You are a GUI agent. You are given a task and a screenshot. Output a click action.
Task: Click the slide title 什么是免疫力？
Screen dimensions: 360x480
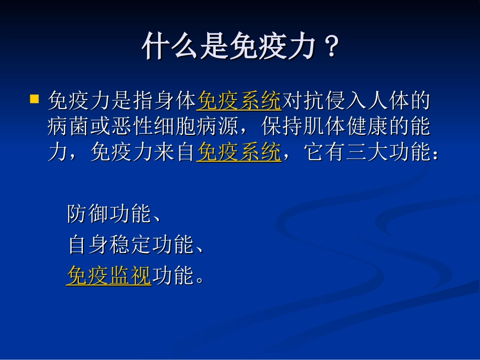(x=240, y=47)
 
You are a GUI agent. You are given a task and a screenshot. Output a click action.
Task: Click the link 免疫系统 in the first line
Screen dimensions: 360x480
(x=239, y=101)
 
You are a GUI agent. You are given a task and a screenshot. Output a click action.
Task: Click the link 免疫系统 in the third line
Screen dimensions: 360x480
(x=239, y=152)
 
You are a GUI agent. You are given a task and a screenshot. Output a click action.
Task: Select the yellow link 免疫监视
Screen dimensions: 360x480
(x=109, y=276)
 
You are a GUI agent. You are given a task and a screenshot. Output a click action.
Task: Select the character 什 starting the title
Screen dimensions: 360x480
(x=154, y=47)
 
